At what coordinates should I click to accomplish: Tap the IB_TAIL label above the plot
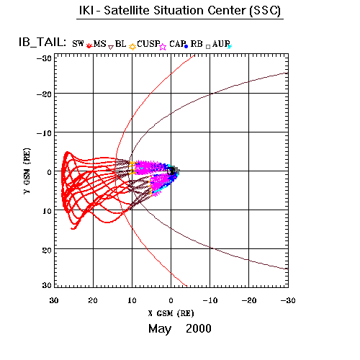[x=42, y=42]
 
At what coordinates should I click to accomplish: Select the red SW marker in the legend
[x=89, y=45]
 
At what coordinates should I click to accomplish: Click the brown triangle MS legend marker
[x=111, y=47]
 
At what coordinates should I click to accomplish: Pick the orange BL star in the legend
[x=132, y=47]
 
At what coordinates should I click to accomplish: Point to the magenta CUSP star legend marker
[x=163, y=47]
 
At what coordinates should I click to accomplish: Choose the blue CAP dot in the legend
[x=186, y=47]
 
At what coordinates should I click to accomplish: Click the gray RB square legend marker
[x=208, y=47]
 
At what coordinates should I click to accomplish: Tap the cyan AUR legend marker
[x=230, y=47]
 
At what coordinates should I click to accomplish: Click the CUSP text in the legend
[x=148, y=44]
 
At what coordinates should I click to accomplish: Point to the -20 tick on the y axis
[x=44, y=94]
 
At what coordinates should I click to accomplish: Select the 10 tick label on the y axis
[x=47, y=211]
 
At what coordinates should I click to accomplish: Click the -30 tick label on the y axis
[x=44, y=58]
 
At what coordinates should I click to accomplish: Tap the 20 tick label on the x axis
[x=93, y=300]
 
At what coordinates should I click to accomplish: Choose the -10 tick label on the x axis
[x=210, y=300]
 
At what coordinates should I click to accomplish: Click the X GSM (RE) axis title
[x=171, y=313]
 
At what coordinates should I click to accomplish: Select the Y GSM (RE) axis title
[x=27, y=171]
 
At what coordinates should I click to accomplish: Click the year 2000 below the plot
[x=199, y=328]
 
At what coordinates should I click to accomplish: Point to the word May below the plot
[x=160, y=329]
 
